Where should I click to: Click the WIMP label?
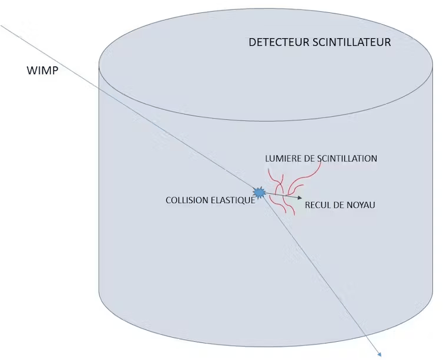coord(42,70)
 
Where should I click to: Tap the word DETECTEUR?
coord(279,42)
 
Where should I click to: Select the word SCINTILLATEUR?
coord(352,42)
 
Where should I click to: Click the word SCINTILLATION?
coord(347,159)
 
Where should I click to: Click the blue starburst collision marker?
coord(259,193)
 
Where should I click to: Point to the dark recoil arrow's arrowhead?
coord(300,198)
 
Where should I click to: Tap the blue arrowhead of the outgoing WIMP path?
coord(379,354)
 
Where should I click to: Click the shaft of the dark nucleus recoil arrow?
coord(281,196)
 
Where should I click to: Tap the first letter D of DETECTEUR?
coord(252,42)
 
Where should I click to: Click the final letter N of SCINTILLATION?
coord(374,159)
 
